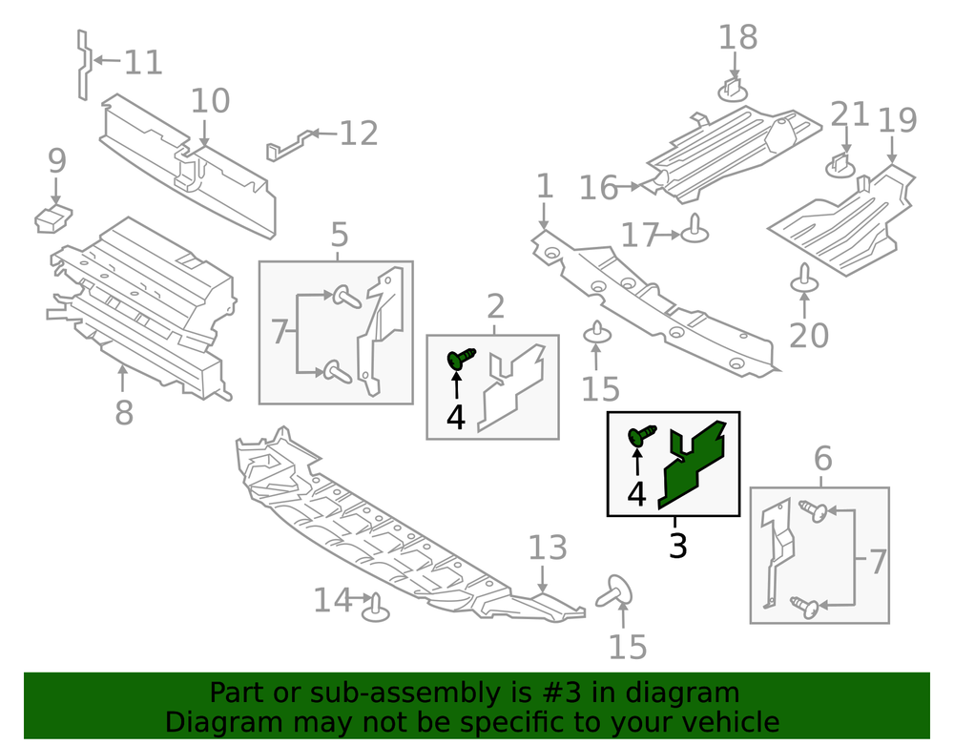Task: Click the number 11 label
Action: (x=144, y=63)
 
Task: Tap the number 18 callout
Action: (x=737, y=37)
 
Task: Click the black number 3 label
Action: (x=677, y=547)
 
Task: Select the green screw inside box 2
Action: (x=461, y=359)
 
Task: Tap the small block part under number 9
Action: (x=52, y=218)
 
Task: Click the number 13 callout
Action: (x=548, y=548)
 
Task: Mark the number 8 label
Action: (x=124, y=413)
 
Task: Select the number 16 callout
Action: (x=599, y=188)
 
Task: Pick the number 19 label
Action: (x=897, y=121)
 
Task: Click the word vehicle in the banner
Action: (x=730, y=721)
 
